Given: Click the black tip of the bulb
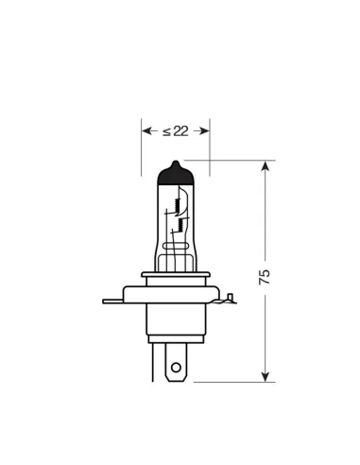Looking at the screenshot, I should tap(176, 173).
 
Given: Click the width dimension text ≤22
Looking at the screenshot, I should tap(176, 130).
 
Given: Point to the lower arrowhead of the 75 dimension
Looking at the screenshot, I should tap(266, 378).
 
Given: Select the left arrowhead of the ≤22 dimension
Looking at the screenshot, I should tap(147, 130).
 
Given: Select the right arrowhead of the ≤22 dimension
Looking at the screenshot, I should tap(203, 130).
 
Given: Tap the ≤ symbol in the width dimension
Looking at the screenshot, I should tap(166, 130).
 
